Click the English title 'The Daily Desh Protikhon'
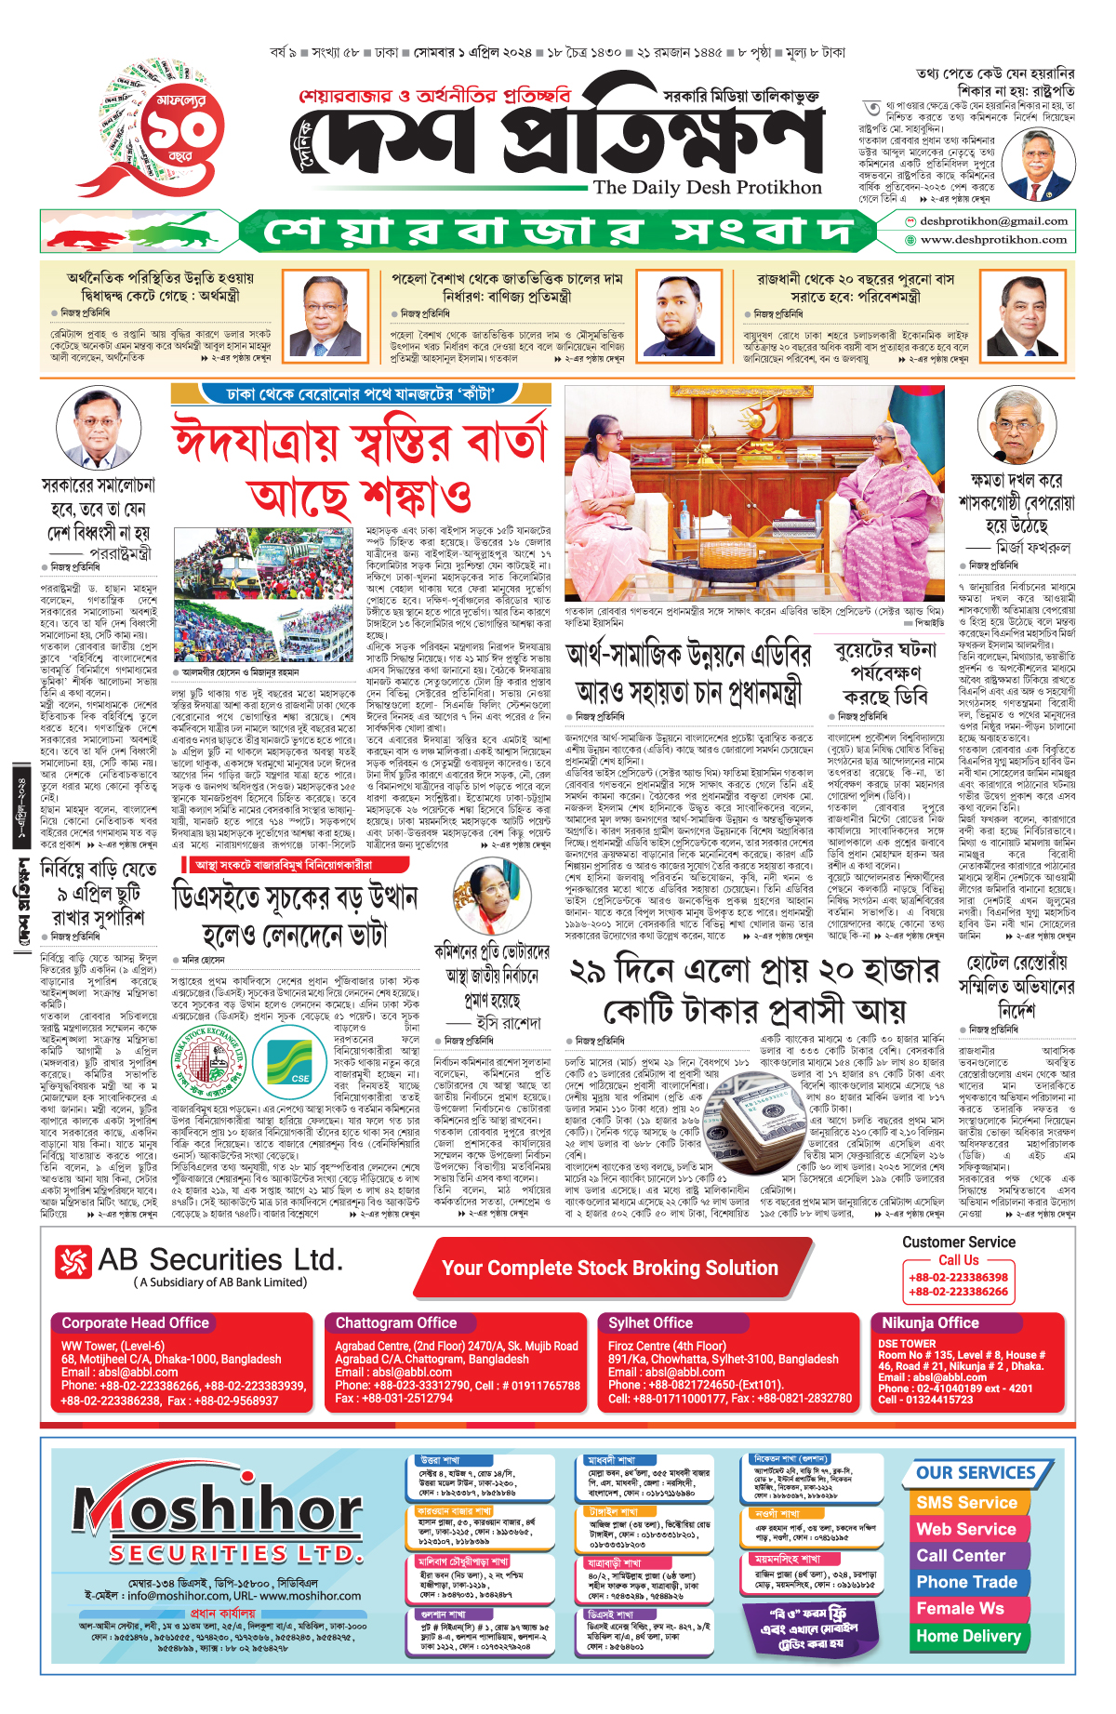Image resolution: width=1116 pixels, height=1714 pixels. pos(707,187)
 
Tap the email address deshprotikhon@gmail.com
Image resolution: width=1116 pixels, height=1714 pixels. pos(993,221)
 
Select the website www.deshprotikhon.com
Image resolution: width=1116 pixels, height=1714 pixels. pos(993,240)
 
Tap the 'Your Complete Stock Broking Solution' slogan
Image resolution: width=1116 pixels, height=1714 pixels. pos(609,1269)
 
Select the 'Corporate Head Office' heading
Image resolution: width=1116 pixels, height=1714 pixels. pos(136,1322)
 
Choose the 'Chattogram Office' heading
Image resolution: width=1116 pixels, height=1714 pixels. pos(396,1322)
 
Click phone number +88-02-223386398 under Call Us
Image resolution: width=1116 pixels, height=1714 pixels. pos(958,1278)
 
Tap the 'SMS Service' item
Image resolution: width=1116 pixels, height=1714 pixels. pos(967,1503)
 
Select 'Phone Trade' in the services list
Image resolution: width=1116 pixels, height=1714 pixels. pos(967,1582)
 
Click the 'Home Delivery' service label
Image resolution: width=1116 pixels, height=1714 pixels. pos(968,1636)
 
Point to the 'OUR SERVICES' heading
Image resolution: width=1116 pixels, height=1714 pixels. pos(976,1473)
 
